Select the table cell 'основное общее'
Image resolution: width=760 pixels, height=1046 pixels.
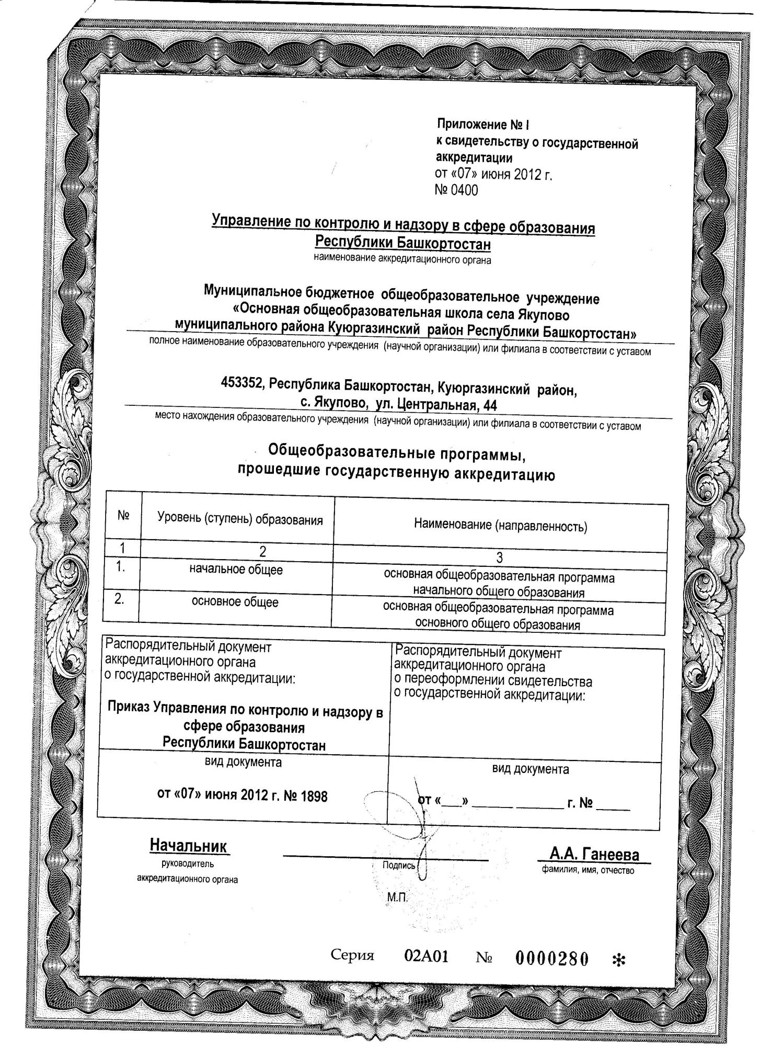tap(235, 602)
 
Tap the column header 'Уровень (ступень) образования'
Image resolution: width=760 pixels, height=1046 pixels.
tap(240, 520)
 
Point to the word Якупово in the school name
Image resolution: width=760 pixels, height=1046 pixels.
tap(544, 315)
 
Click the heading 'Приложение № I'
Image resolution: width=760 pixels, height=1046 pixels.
tap(483, 125)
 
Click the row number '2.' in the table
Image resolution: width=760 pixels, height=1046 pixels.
tap(120, 599)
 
